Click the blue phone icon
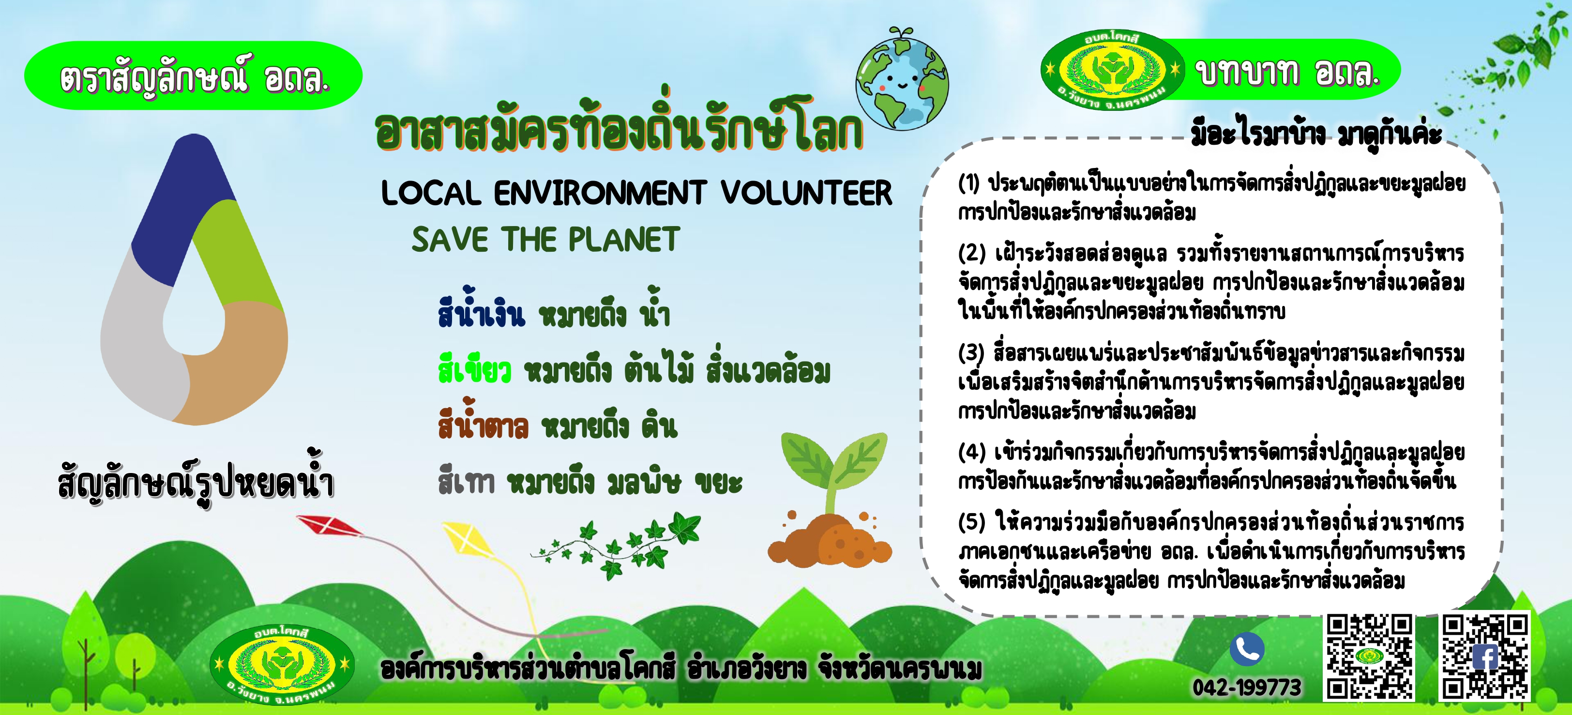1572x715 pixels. [x=1247, y=649]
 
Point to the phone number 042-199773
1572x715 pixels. [x=1247, y=687]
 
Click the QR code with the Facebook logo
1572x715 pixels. [x=1485, y=656]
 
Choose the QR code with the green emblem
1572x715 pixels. [x=1368, y=656]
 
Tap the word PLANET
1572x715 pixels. [x=624, y=239]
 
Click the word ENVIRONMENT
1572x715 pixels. [x=600, y=193]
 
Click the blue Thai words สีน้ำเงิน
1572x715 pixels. [x=481, y=310]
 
